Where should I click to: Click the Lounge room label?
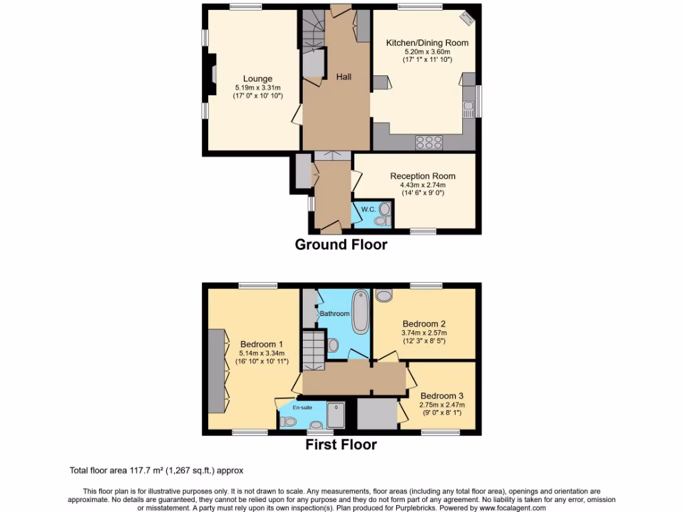pyautogui.click(x=257, y=79)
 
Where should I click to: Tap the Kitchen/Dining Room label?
pyautogui.click(x=427, y=43)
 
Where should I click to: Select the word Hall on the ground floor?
pyautogui.click(x=344, y=77)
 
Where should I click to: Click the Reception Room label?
pyautogui.click(x=423, y=176)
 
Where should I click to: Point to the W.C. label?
pyautogui.click(x=368, y=209)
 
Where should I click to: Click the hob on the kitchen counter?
pyautogui.click(x=429, y=141)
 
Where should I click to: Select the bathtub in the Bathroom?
pyautogui.click(x=360, y=311)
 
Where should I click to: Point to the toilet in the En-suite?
pyautogui.click(x=287, y=421)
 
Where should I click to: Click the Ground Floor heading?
pyautogui.click(x=341, y=245)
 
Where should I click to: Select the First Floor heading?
pyautogui.click(x=341, y=445)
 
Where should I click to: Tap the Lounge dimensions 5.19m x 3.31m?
pyautogui.click(x=257, y=87)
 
